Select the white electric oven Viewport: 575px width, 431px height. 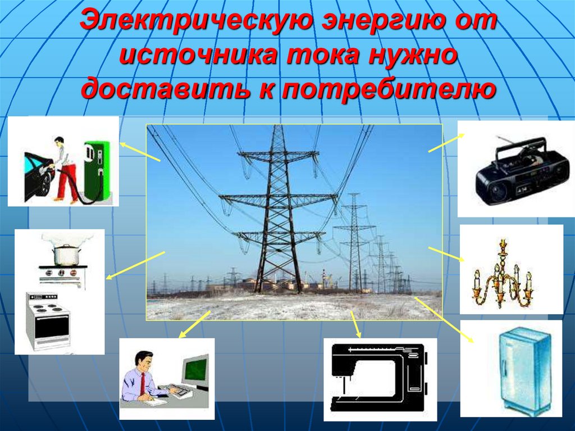pyautogui.click(x=48, y=320)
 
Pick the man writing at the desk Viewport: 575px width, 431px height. pyautogui.click(x=140, y=376)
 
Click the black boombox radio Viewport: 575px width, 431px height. pyautogui.click(x=514, y=174)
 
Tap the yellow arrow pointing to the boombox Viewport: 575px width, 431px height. pyautogui.click(x=446, y=143)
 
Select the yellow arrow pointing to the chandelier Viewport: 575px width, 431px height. pyautogui.click(x=446, y=254)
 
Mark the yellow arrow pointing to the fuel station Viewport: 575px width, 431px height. pyautogui.click(x=140, y=151)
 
